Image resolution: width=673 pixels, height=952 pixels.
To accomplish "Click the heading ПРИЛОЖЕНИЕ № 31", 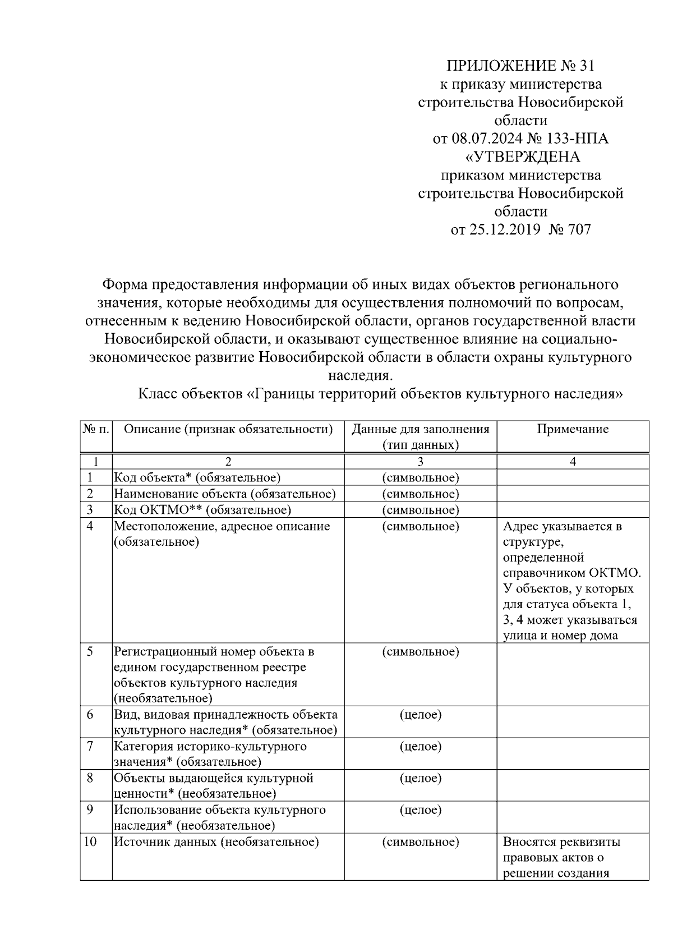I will pos(520,66).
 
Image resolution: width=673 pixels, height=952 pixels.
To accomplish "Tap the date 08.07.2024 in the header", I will pos(486,139).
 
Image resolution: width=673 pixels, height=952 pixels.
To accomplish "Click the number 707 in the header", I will pos(579,229).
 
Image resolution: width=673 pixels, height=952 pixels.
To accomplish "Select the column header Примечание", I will pos(573,430).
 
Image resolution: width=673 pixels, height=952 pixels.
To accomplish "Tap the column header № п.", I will pos(96,430).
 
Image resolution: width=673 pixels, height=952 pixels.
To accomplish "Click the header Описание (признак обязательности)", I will pos(228,430).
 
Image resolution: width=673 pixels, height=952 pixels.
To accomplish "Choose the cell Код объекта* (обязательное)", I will pos(197,478).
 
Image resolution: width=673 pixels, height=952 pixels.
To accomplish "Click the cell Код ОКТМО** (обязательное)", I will pos(202,510).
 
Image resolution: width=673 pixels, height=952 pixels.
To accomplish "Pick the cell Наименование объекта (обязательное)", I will pos(225,494).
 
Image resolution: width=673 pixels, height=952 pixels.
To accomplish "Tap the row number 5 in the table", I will pos(90,652).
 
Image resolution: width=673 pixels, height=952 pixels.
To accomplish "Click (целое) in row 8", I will pos(420,779).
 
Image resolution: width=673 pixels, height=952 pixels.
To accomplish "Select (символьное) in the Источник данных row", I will pos(420,842).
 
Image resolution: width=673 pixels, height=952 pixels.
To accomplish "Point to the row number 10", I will pos(90,842).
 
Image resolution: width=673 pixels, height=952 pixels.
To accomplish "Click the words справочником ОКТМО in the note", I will pos(571,573).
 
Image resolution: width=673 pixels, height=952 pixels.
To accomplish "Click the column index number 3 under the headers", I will pos(420,462).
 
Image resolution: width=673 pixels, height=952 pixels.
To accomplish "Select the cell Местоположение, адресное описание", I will pos(222,527).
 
